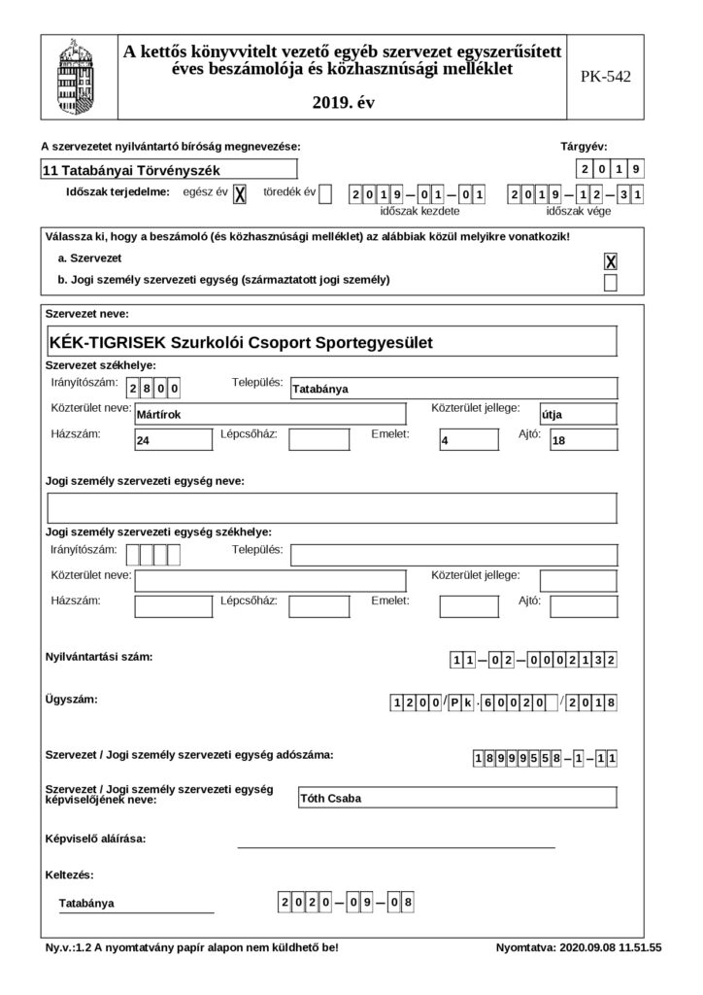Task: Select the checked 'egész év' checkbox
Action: [x=240, y=194]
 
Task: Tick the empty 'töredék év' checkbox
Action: [x=325, y=194]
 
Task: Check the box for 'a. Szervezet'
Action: [x=611, y=261]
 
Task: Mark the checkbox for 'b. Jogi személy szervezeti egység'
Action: [x=611, y=283]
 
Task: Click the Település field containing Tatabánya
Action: [x=454, y=388]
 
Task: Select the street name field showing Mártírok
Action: [x=270, y=414]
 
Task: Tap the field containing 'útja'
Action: [x=579, y=414]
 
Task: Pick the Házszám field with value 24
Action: [x=173, y=440]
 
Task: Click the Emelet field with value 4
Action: [x=468, y=440]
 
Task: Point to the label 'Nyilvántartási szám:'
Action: [x=98, y=658]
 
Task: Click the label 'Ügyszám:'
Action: [x=72, y=700]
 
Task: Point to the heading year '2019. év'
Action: [x=344, y=101]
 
